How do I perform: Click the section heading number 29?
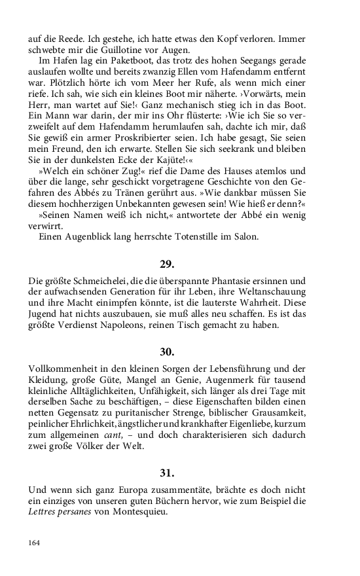click(167, 264)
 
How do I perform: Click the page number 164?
click(34, 542)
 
